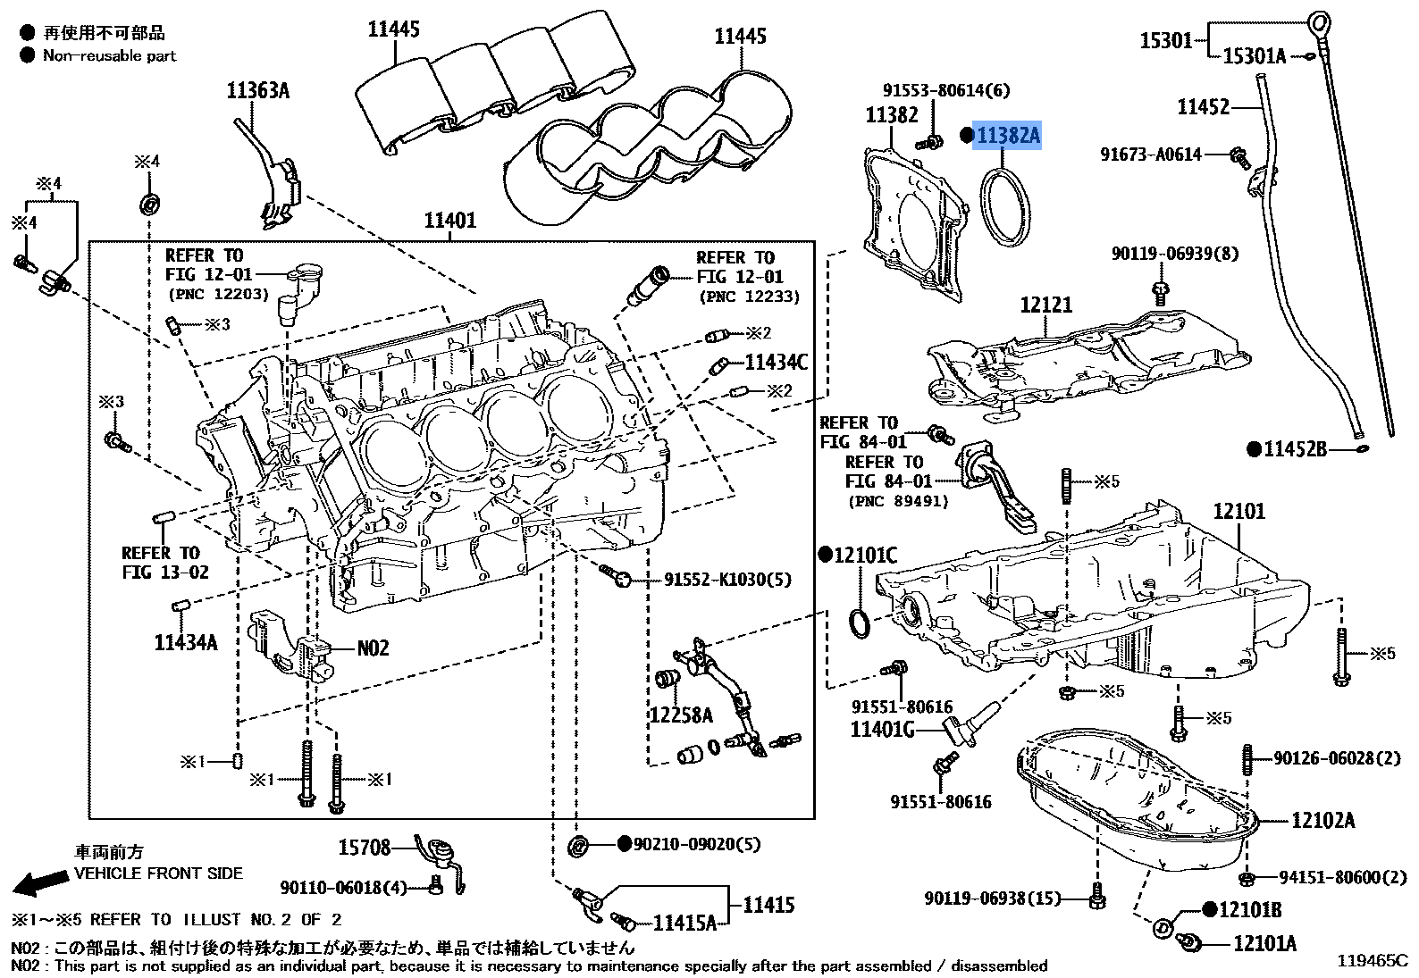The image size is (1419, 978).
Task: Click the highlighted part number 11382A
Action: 1007,136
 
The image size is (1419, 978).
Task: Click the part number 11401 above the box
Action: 449,220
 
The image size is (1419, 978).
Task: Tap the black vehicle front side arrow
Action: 39,882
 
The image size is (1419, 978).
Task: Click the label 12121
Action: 1045,305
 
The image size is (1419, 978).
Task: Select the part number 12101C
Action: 864,556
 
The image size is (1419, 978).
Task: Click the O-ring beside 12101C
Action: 859,623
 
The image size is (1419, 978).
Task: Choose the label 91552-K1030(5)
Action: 727,580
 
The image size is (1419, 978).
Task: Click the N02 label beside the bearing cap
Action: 374,648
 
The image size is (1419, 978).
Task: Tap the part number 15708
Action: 365,847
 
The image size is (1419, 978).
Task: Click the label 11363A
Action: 257,90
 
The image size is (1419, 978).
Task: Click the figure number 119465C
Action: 1372,961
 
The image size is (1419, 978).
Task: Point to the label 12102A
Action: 1322,819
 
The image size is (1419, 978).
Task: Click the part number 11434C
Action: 776,362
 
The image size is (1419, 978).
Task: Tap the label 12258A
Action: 681,715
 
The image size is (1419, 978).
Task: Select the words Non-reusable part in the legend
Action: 110,55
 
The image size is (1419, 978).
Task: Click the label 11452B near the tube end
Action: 1295,448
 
